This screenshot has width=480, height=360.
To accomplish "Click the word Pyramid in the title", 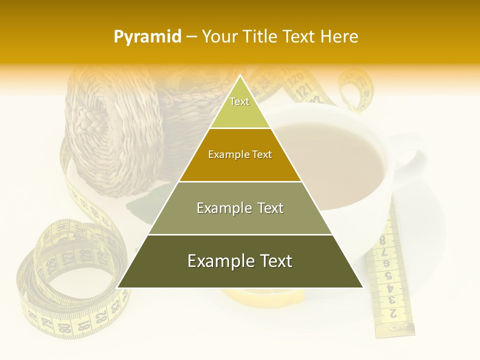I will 147,37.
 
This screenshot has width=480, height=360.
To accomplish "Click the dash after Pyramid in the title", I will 191,37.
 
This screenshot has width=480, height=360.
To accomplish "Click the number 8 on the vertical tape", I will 382,239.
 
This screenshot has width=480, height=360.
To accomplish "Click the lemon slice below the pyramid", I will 265,296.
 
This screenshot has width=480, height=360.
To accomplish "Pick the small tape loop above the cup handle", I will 355,90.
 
